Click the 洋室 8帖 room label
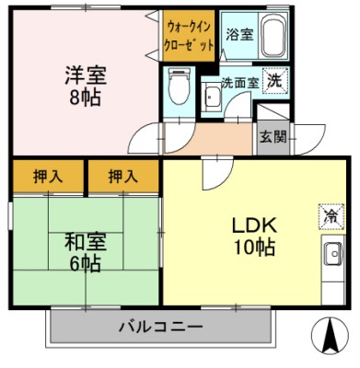point(85,86)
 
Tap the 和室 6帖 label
point(84,252)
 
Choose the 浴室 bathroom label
point(238,35)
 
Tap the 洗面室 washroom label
point(239,83)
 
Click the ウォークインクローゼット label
point(190,35)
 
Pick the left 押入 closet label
point(48,174)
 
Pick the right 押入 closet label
point(122,174)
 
